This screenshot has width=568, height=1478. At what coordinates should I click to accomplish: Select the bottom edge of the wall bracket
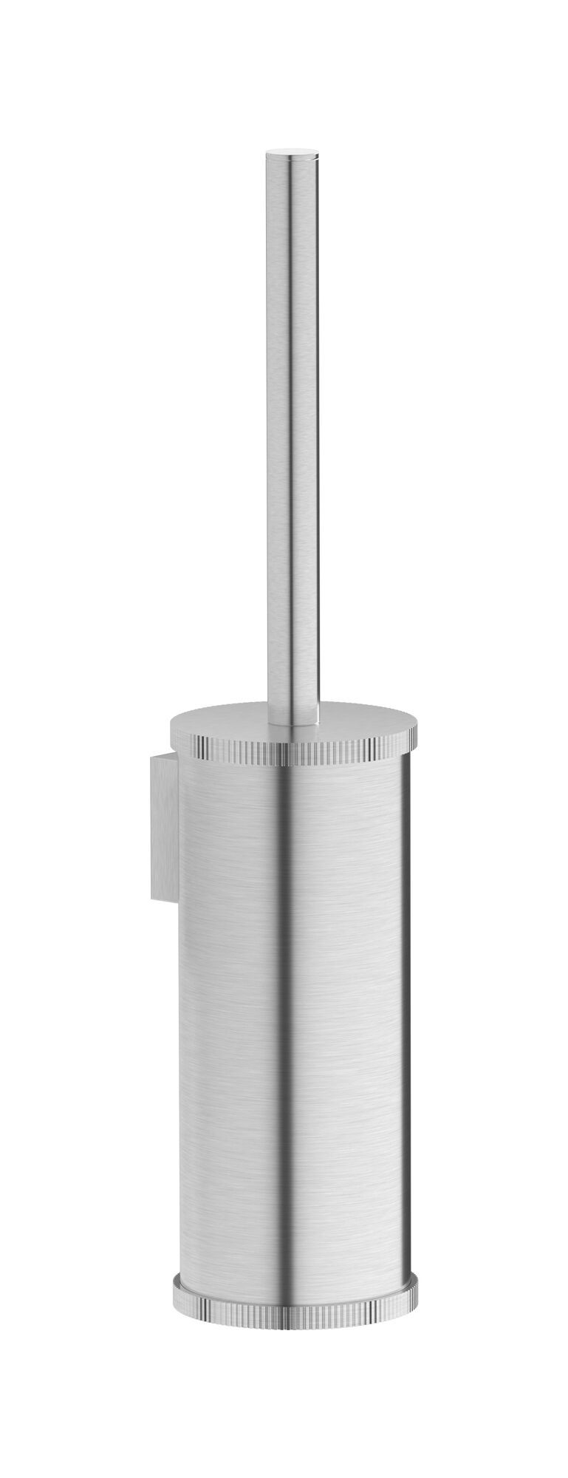pyautogui.click(x=163, y=899)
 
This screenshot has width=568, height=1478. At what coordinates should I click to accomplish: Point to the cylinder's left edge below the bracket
pyautogui.click(x=179, y=1072)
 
